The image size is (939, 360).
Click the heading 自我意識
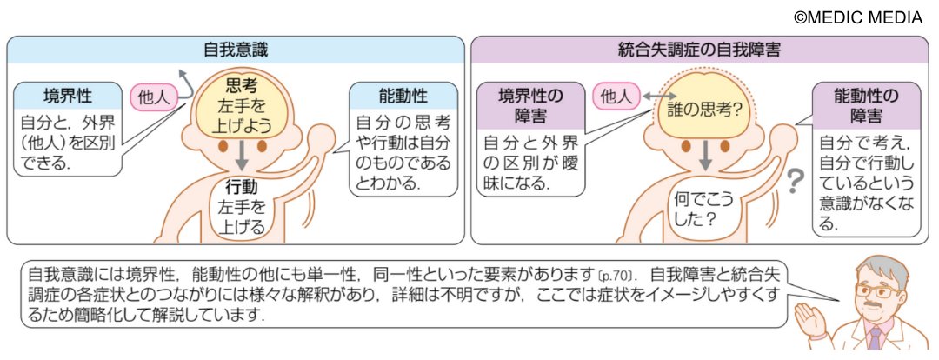[235, 50]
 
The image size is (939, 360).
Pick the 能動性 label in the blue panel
[404, 95]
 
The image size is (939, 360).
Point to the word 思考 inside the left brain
[240, 85]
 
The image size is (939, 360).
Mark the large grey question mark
[794, 181]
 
